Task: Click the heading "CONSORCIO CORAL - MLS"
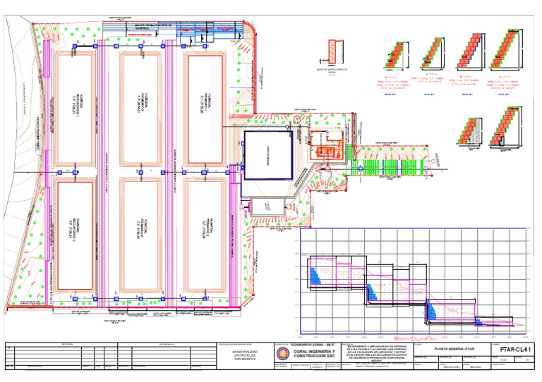(312, 345)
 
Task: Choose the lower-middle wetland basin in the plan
(141, 235)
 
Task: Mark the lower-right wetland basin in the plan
(205, 235)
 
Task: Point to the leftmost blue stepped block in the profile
(315, 274)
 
